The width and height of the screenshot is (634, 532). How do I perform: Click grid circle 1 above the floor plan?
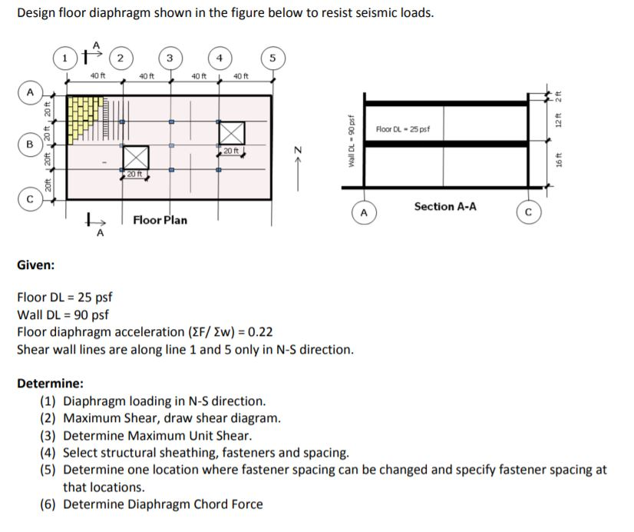67,57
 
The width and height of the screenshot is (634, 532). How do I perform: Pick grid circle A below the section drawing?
365,213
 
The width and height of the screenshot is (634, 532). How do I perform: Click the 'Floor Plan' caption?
160,220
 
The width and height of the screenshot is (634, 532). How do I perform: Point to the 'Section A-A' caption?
444,206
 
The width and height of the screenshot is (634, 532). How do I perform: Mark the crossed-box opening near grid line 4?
232,131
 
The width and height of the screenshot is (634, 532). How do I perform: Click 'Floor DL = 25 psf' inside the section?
404,128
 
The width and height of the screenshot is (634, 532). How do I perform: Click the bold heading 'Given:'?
35,265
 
